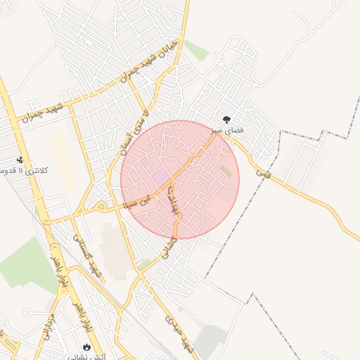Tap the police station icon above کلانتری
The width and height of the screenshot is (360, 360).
pos(20,160)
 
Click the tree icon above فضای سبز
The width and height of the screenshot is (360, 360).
pos(226,120)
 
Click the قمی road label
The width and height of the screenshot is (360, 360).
pos(263,168)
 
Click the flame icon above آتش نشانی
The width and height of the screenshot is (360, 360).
pos(86,347)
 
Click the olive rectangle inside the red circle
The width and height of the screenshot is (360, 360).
pos(225,171)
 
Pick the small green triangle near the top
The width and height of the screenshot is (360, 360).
pos(196,51)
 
